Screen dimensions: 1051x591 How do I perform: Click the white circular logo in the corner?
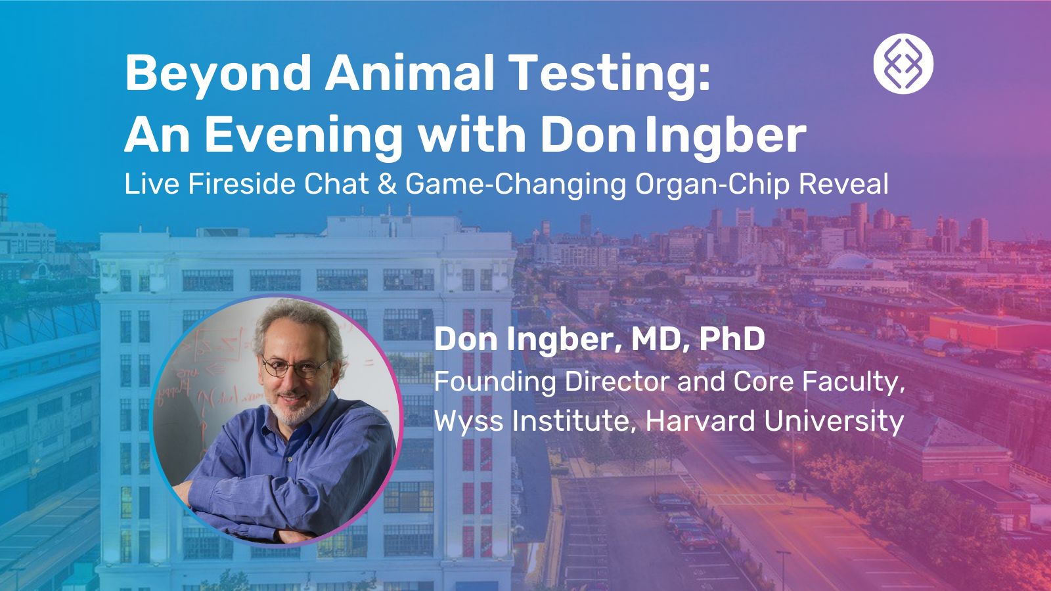[903, 64]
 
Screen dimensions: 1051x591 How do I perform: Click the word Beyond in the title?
[217, 75]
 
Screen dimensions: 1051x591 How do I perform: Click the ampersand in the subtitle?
[387, 183]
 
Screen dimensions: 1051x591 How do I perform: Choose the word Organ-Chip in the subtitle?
[712, 185]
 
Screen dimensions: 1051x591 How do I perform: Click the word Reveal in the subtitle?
[843, 183]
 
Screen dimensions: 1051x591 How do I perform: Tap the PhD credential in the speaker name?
[732, 339]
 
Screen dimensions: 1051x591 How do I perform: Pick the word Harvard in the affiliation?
[700, 420]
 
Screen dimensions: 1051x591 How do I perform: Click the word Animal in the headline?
[409, 75]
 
